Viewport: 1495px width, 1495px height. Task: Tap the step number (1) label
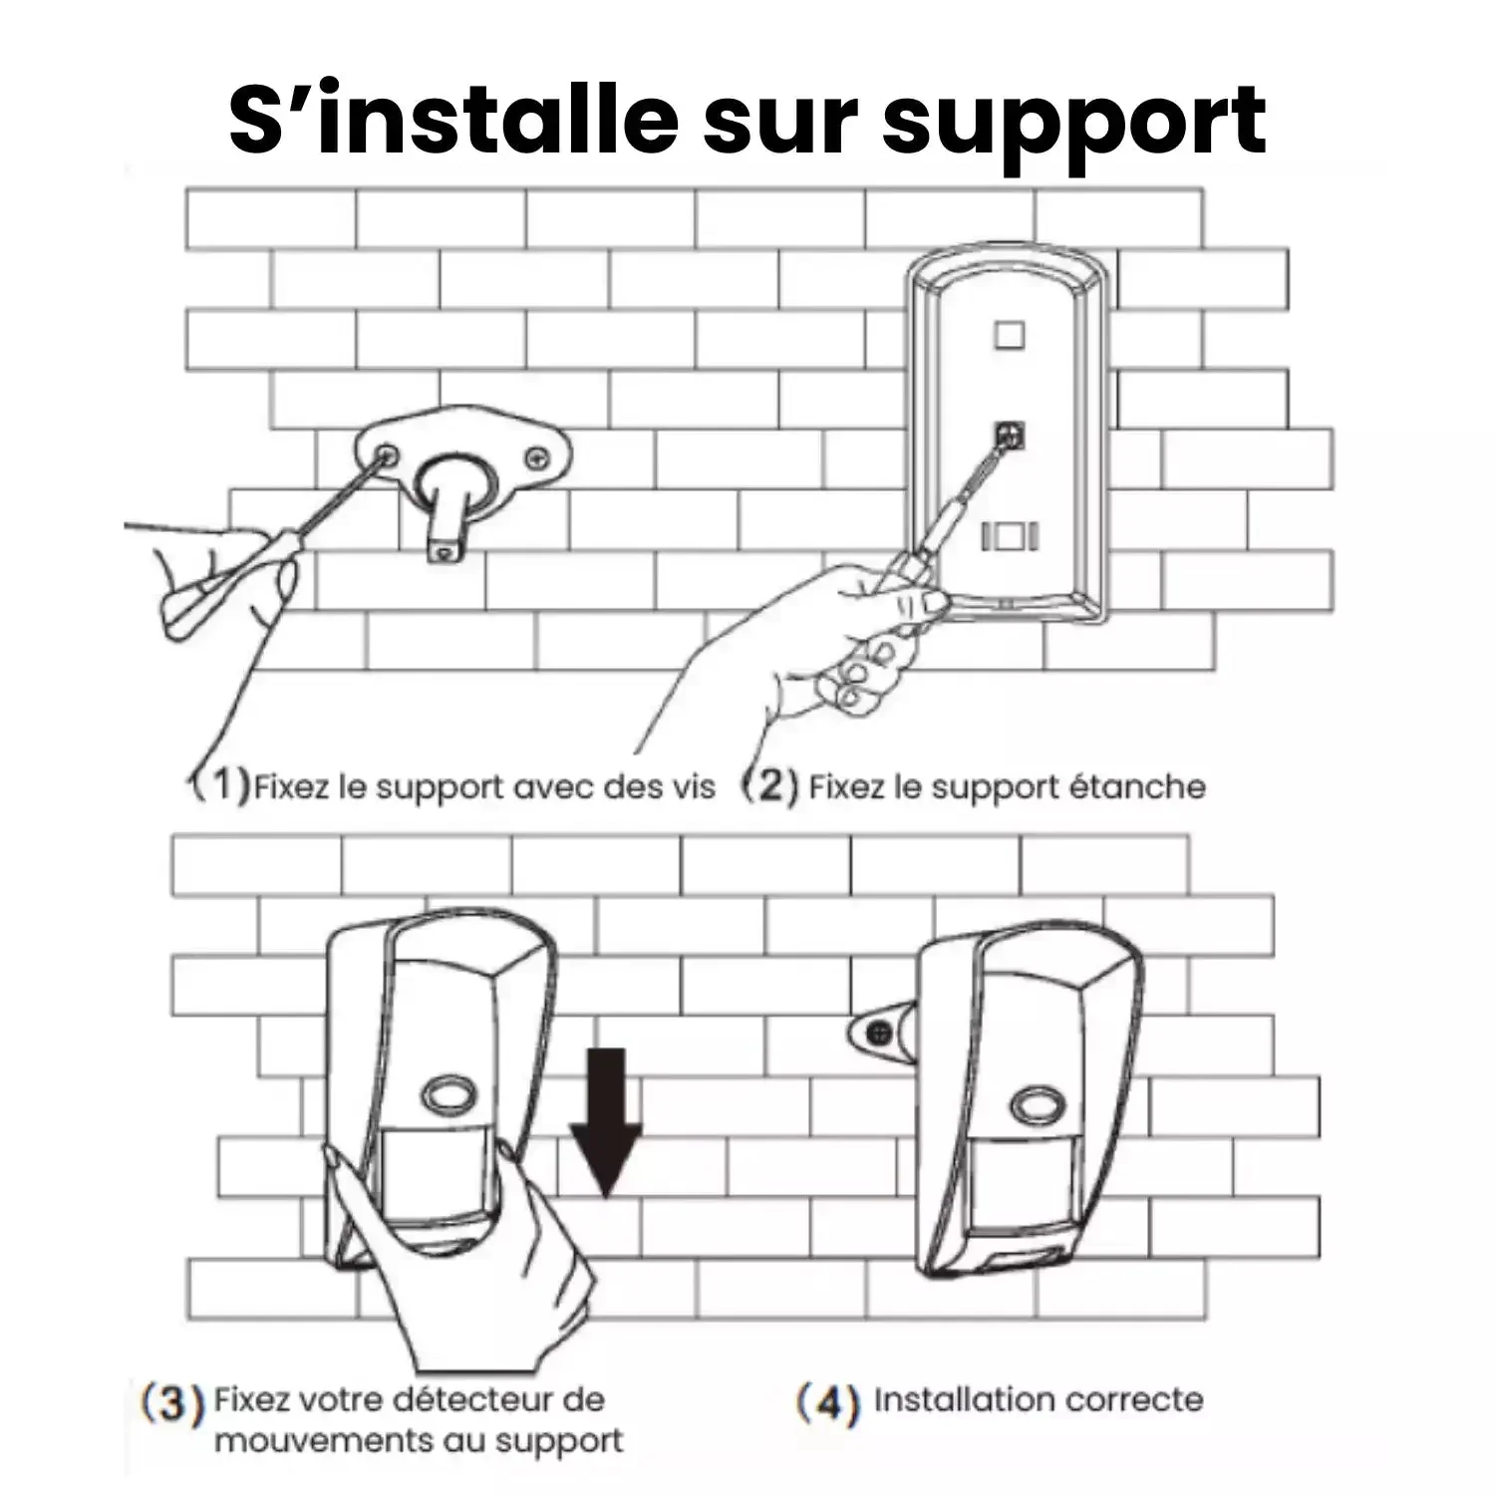pyautogui.click(x=220, y=784)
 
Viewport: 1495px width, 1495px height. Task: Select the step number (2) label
pyautogui.click(x=770, y=785)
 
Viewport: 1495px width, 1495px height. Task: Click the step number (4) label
pyautogui.click(x=827, y=1403)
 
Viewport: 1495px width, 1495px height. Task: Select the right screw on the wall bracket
pyautogui.click(x=538, y=457)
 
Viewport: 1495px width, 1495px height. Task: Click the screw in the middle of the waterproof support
pyautogui.click(x=1009, y=435)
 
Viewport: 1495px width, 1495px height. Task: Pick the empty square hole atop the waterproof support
pyautogui.click(x=1009, y=334)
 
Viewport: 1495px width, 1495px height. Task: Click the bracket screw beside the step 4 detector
pyautogui.click(x=878, y=1033)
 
